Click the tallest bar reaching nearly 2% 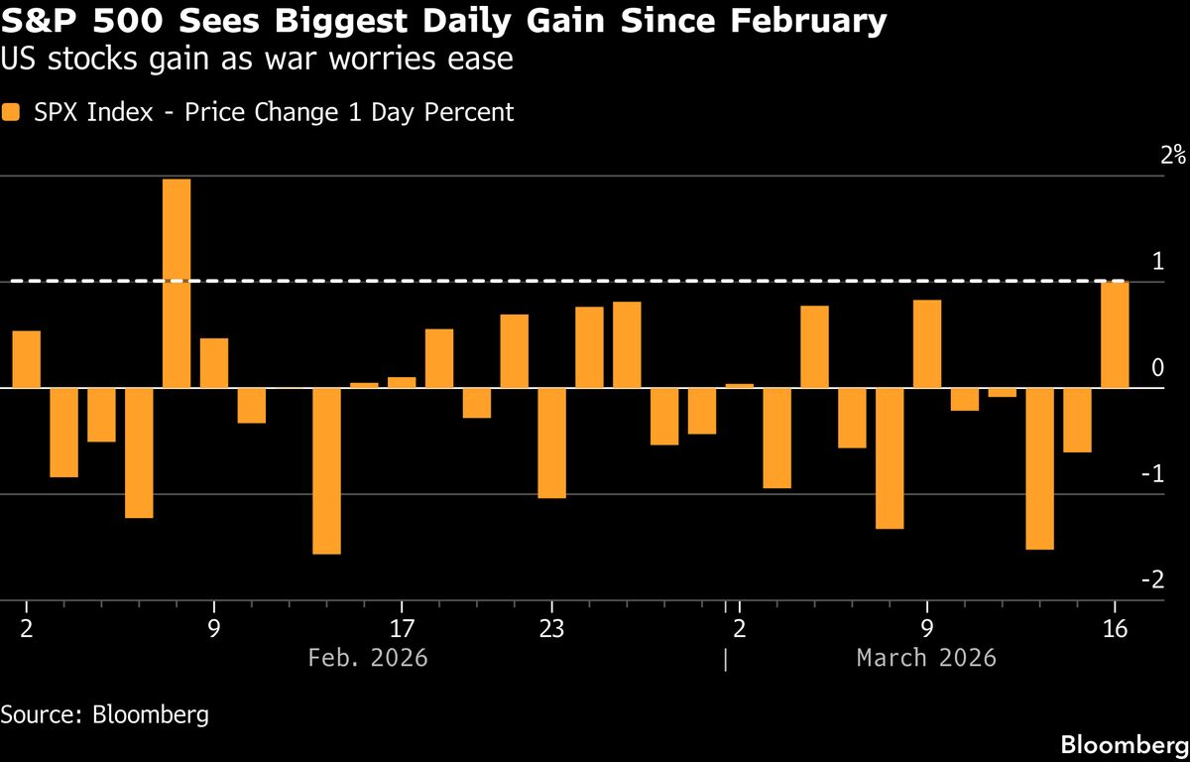(x=177, y=283)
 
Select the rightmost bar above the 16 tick (x=1115, y=334)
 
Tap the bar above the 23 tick (x=551, y=443)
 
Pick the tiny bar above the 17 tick (x=402, y=382)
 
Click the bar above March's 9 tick (x=927, y=343)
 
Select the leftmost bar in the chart (x=26, y=359)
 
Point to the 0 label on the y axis (x=1157, y=369)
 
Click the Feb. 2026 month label (x=368, y=658)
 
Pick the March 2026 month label (x=926, y=658)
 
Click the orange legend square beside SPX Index (x=11, y=112)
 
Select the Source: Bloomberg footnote (x=105, y=714)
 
